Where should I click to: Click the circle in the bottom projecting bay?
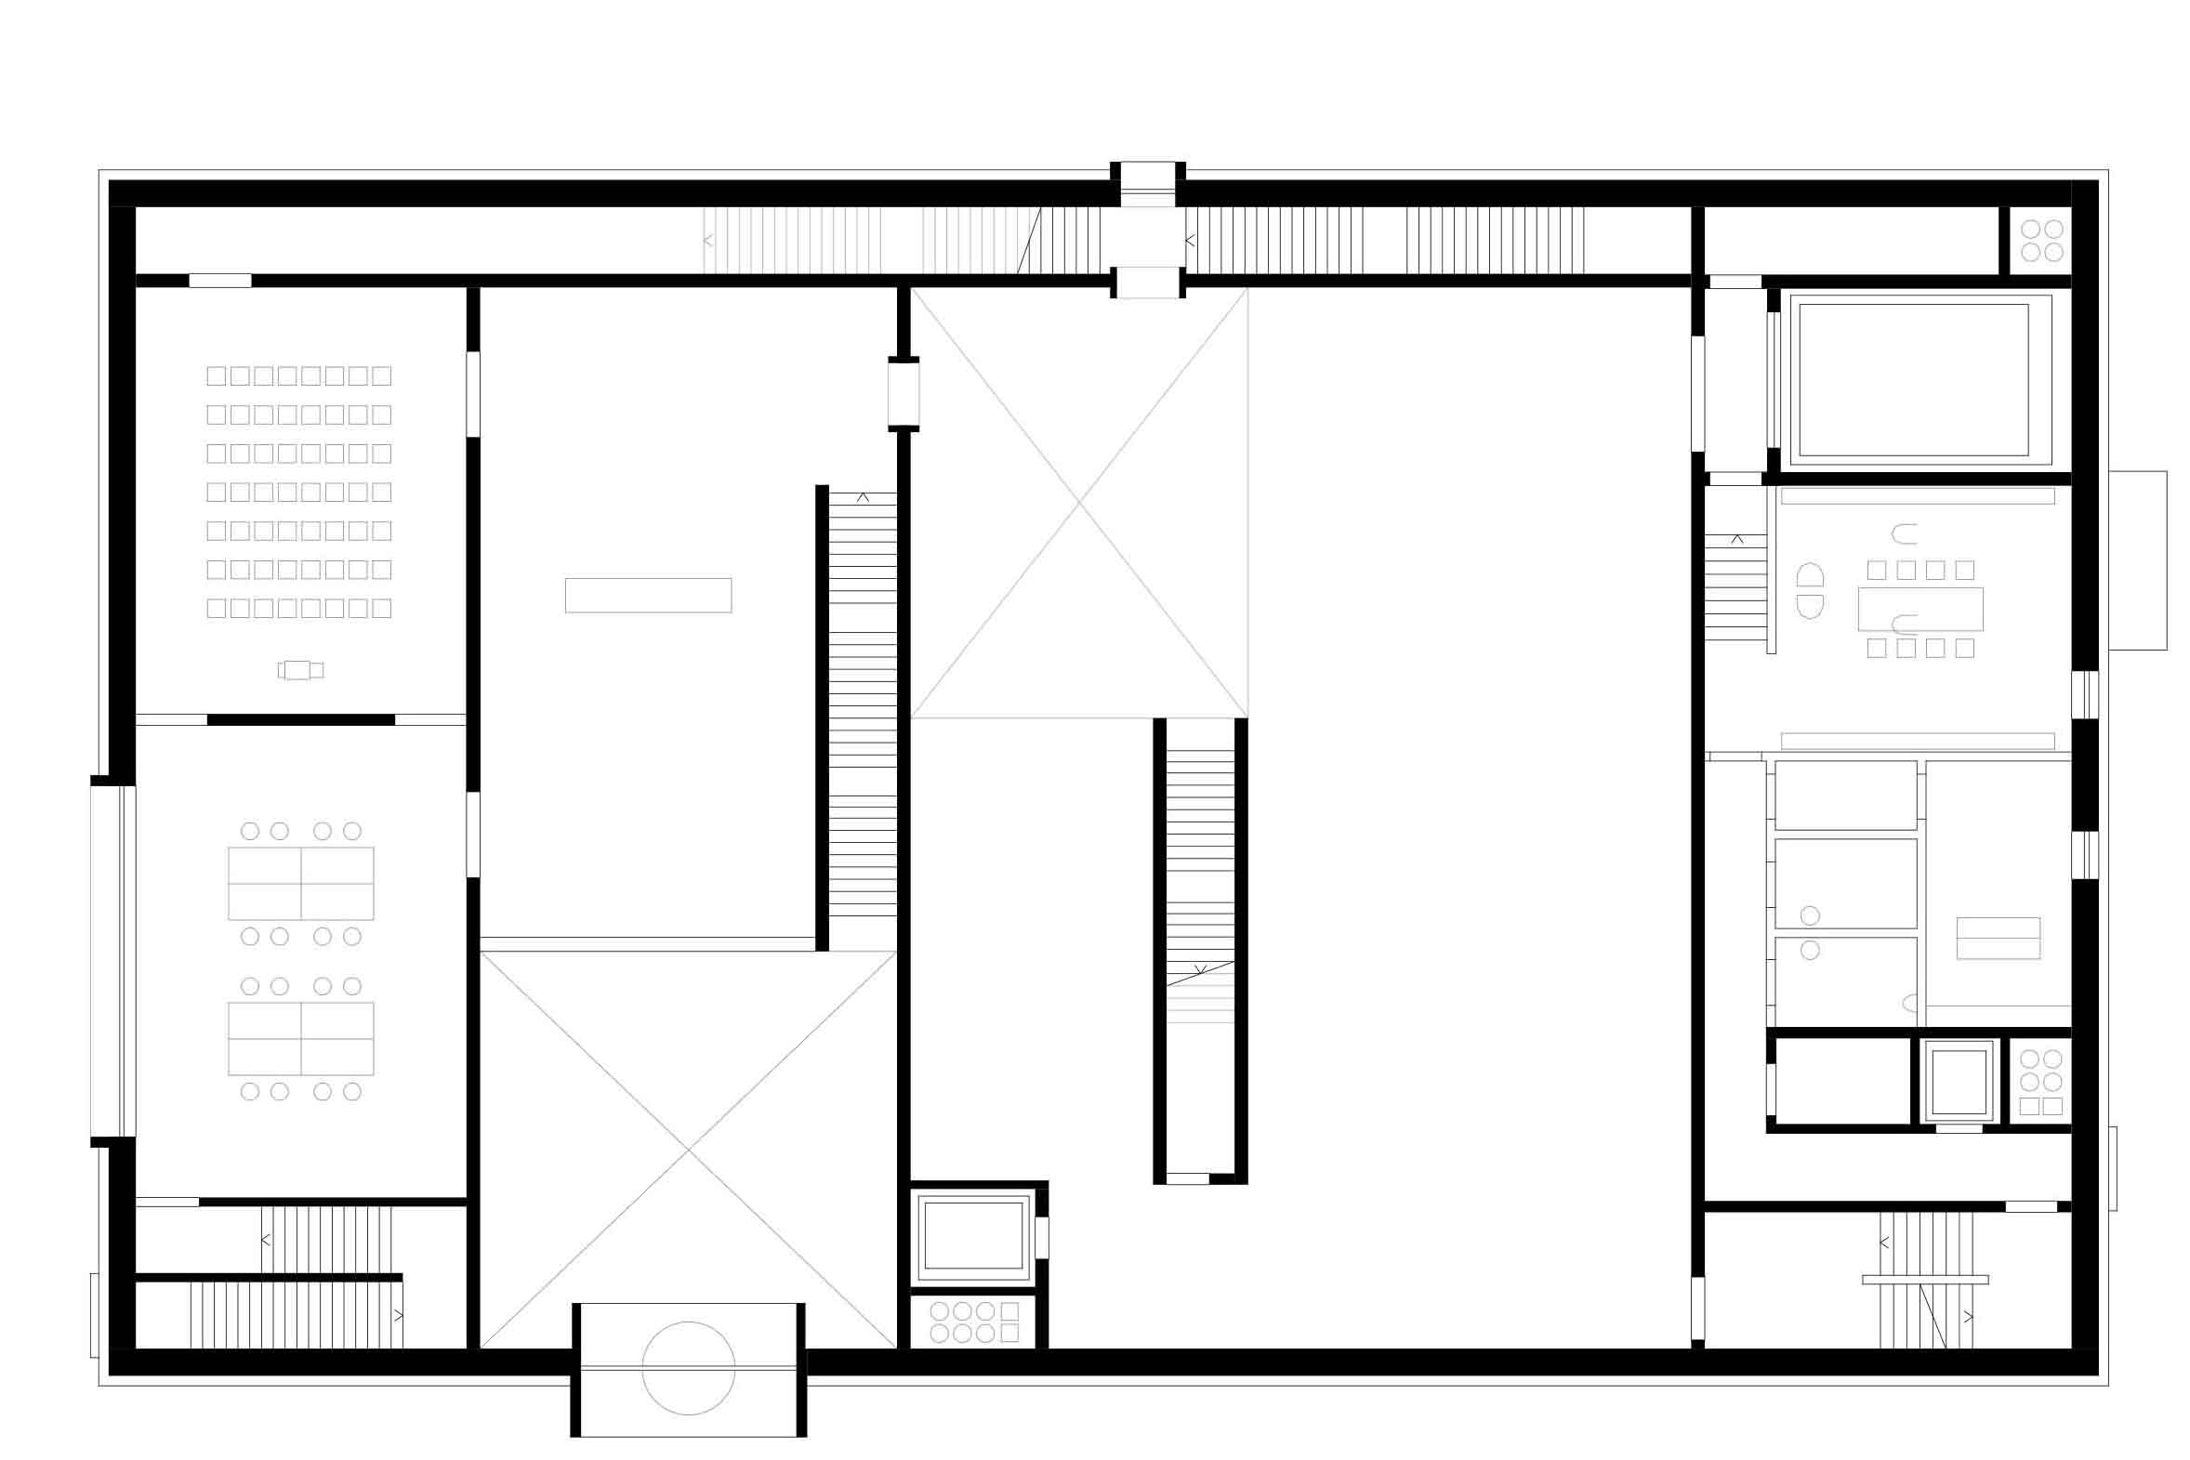click(688, 1368)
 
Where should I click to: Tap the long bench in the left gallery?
click(648, 595)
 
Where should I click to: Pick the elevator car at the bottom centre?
click(973, 1235)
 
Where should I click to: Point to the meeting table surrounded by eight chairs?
click(1920, 609)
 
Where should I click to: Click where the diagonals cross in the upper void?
click(1079, 503)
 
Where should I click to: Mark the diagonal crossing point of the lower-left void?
click(688, 1150)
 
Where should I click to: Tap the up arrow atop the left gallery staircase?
click(863, 498)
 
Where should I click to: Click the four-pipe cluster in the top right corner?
click(2042, 240)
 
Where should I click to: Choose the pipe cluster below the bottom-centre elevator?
click(974, 1322)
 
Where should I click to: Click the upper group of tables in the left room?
click(301, 883)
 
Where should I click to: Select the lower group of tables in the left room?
click(301, 1038)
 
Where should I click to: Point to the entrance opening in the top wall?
click(1147, 186)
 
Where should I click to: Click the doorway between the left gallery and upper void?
click(904, 394)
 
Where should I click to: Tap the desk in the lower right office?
click(1999, 939)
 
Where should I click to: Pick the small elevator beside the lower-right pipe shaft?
click(1959, 1081)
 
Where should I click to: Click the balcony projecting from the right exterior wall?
click(2137, 560)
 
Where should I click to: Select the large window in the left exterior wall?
click(113, 961)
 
